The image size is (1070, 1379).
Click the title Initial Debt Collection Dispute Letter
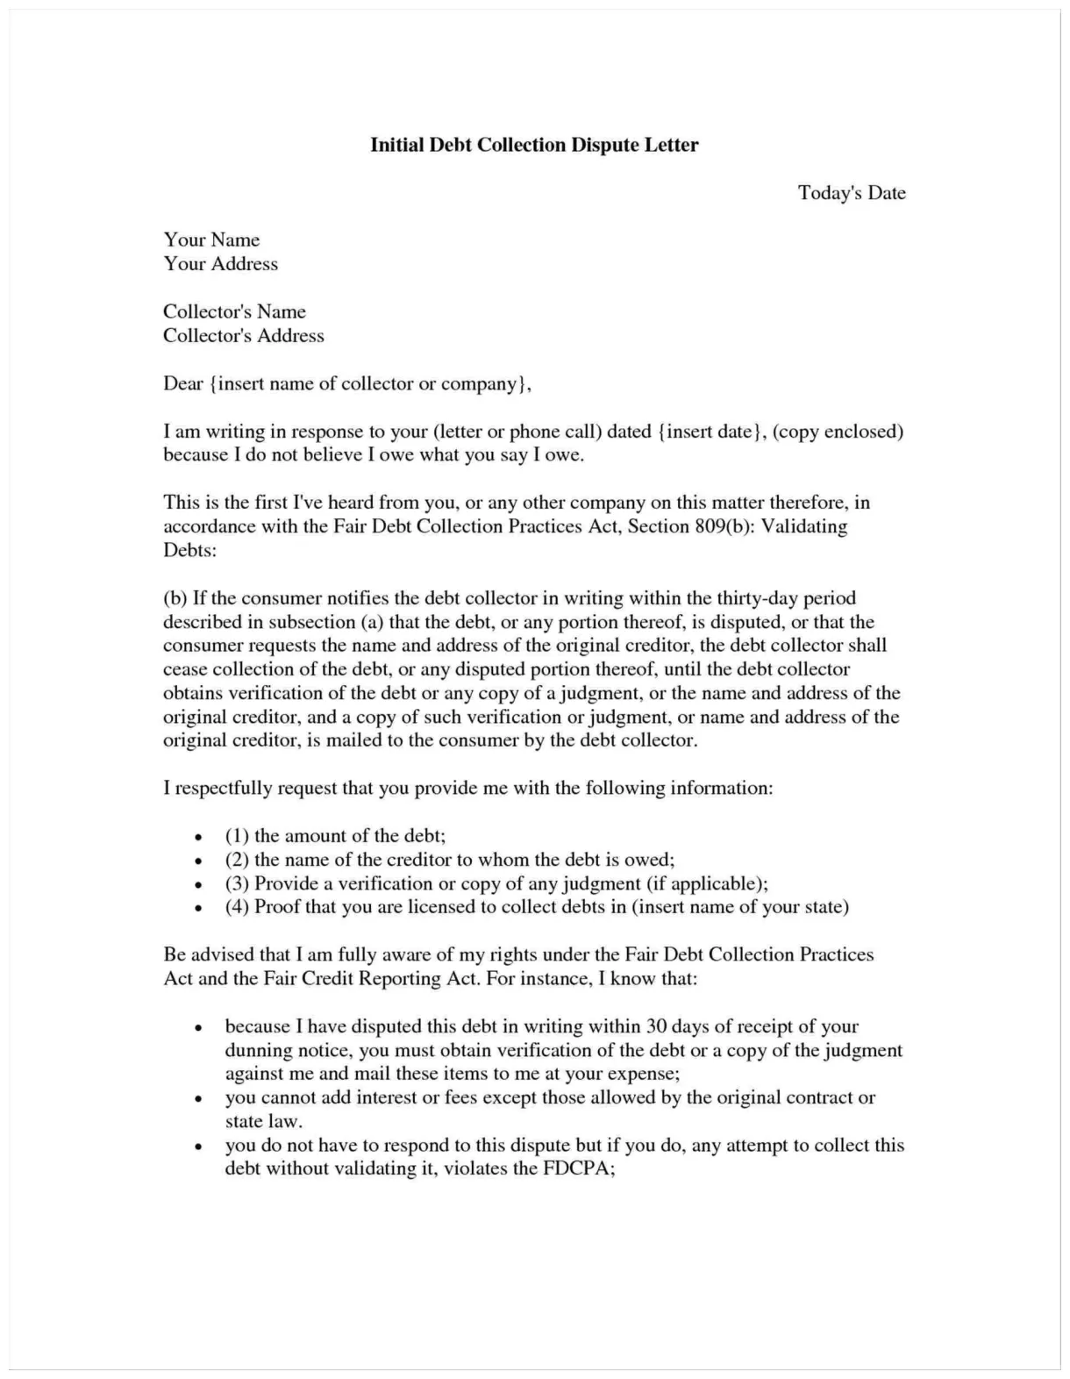534,145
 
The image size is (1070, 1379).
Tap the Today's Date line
851,193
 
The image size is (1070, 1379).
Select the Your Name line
211,240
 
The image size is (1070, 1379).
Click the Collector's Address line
243,336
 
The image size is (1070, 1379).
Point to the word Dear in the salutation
182,384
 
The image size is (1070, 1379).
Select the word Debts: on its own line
189,551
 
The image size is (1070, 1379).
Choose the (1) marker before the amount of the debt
237,836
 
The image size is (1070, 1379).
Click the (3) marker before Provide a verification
237,883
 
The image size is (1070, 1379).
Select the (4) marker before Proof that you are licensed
237,907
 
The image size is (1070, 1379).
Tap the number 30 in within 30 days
656,1026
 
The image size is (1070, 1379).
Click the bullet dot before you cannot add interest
200,1098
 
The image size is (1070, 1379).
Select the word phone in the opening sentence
535,432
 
